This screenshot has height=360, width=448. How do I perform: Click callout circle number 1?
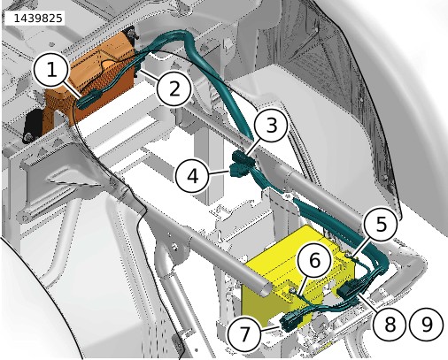click(x=51, y=70)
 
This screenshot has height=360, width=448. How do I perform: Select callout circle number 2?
click(x=174, y=88)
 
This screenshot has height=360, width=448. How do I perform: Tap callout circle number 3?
click(x=271, y=125)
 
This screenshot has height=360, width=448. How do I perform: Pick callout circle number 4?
click(x=193, y=176)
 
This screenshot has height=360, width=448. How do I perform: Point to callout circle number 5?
click(x=381, y=224)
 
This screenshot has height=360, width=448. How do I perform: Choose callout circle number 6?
click(x=314, y=261)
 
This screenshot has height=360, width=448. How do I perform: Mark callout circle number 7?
click(x=244, y=334)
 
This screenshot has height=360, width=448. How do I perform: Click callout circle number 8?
click(x=390, y=324)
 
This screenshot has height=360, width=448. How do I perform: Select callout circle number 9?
click(x=427, y=324)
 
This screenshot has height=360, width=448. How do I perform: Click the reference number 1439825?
click(x=38, y=19)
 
